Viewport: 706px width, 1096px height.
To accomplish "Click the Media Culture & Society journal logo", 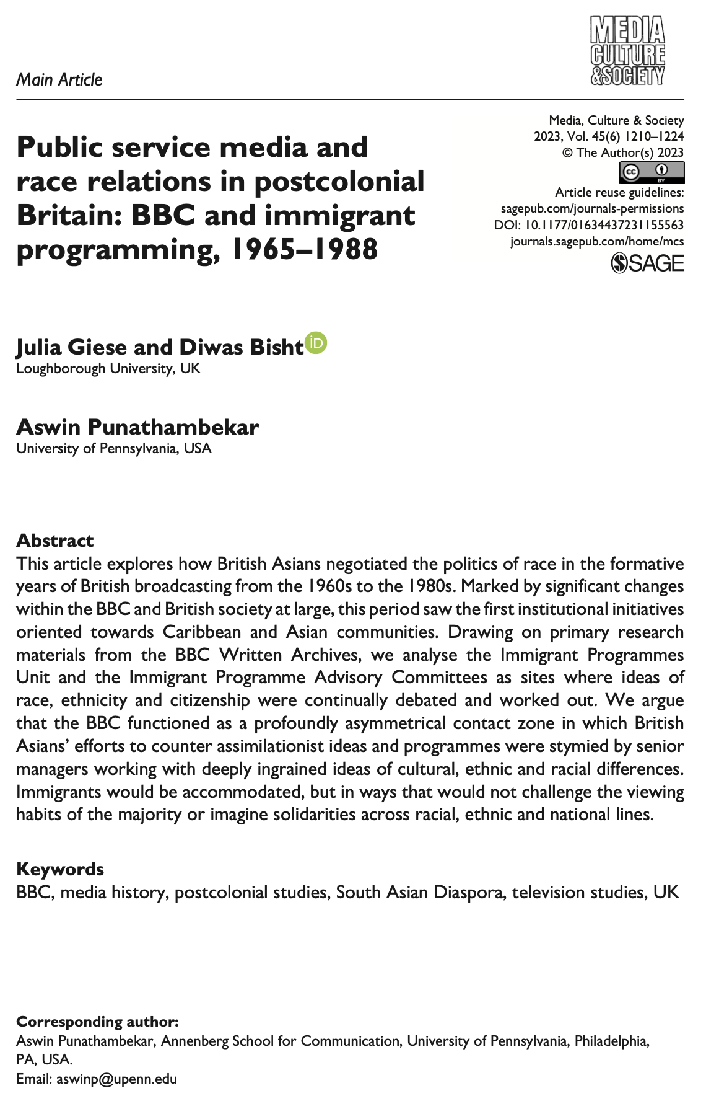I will [x=627, y=50].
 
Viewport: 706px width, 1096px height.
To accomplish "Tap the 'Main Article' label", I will [x=59, y=79].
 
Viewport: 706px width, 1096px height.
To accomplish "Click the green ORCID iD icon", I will [x=316, y=343].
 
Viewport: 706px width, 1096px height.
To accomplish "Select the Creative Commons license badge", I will [x=652, y=172].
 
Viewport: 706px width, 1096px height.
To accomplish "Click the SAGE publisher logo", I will [x=647, y=263].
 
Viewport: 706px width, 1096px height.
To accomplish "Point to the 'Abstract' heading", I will [x=54, y=541].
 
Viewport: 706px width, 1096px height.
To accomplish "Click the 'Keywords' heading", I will [x=60, y=869].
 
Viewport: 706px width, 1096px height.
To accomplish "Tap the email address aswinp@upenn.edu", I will [x=116, y=1079].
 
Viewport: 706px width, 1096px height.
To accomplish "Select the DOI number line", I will [x=589, y=225].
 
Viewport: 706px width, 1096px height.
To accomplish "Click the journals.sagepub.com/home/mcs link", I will [x=597, y=241].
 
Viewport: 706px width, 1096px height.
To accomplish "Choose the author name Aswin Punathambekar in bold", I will [x=137, y=427].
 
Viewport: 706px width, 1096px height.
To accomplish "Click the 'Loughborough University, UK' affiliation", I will [x=108, y=368].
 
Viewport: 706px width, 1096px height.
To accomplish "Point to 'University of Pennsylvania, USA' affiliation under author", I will [x=114, y=448].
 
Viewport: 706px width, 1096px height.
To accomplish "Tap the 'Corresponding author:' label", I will [x=97, y=1021].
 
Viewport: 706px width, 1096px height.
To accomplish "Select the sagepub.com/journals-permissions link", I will [x=592, y=208].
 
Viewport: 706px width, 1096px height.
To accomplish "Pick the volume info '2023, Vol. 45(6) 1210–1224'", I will [x=609, y=136].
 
